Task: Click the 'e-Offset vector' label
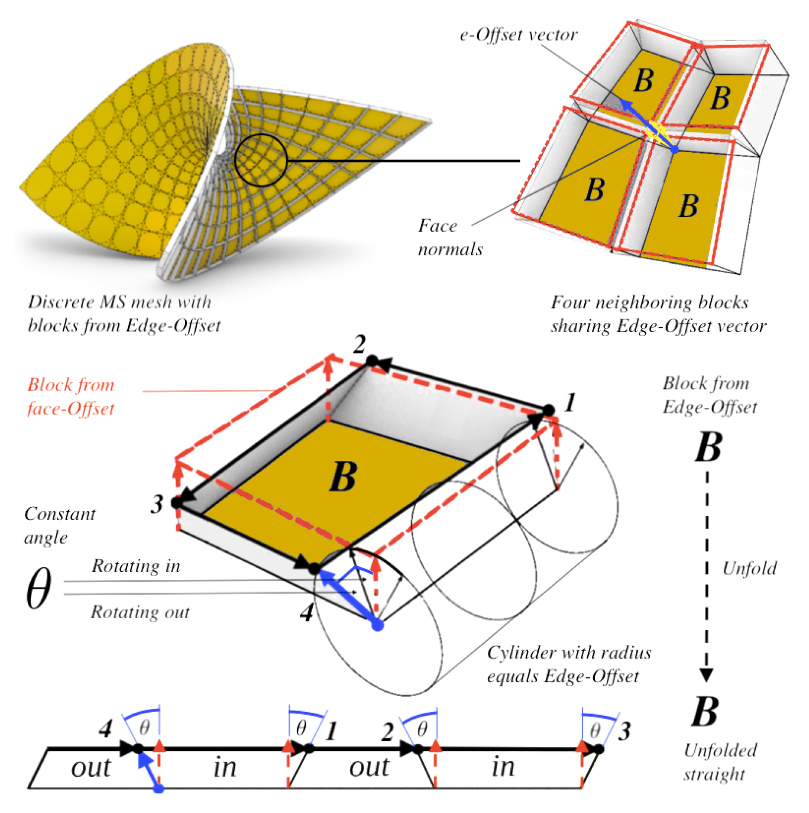518,35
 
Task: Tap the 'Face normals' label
450,237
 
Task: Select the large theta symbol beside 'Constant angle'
38,588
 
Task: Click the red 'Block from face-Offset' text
71,397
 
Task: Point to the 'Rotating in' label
136,566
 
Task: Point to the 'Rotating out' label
140,612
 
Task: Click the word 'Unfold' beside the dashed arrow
749,568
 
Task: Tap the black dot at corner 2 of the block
372,361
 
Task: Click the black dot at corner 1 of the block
548,410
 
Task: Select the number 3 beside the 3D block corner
157,504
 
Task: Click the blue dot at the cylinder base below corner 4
378,626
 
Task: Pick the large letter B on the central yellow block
343,477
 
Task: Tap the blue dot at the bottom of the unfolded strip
159,788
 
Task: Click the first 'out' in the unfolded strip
91,767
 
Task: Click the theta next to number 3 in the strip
595,731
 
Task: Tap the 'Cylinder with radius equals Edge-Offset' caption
569,664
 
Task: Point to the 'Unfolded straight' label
720,762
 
